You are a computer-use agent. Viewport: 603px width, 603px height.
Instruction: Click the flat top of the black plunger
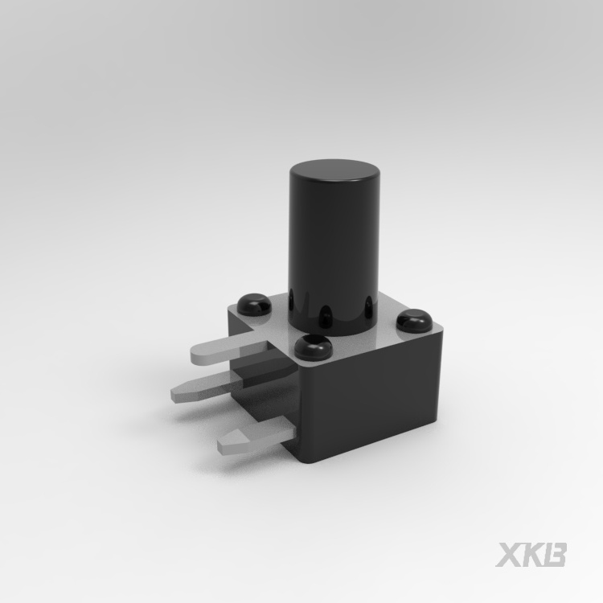coord(335,172)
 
